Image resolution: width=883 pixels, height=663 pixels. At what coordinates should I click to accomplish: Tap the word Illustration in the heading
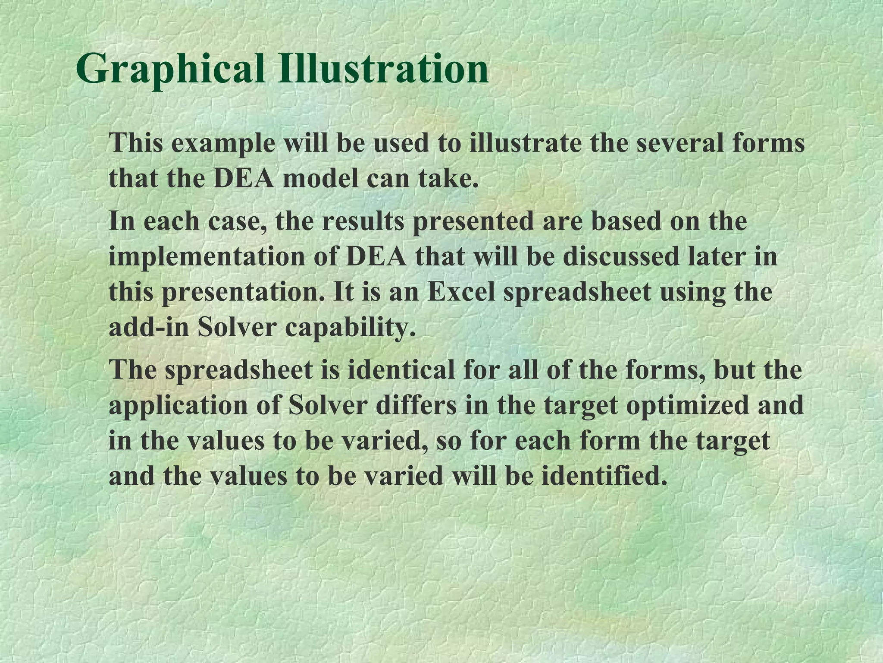[x=383, y=68]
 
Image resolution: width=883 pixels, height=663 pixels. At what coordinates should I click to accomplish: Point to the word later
[x=723, y=256]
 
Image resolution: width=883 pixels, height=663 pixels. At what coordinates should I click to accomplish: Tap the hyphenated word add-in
[x=149, y=328]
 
